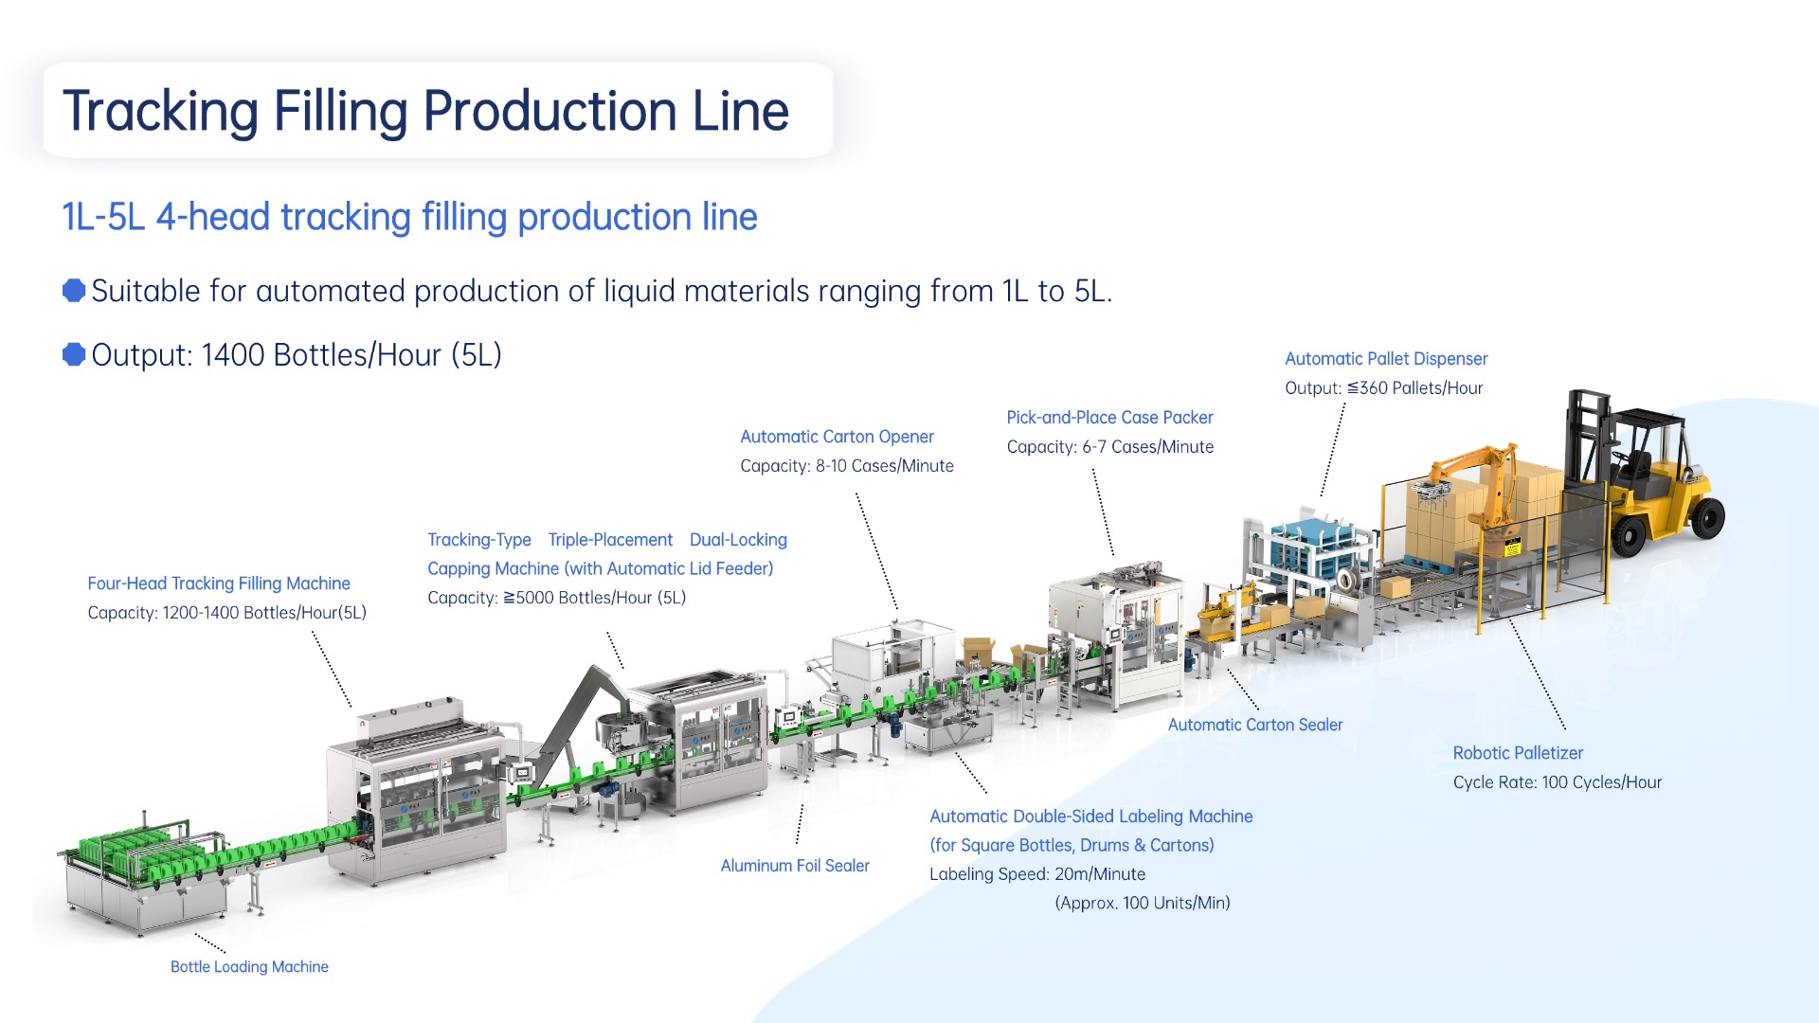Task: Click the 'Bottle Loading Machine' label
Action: (249, 966)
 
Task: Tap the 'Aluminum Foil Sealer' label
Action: (794, 865)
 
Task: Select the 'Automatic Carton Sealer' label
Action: (1254, 725)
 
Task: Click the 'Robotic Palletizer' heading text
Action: (1518, 753)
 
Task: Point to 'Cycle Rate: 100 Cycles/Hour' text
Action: (1557, 782)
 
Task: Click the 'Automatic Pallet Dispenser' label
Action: (1385, 359)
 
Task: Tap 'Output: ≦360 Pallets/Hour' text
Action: (1383, 388)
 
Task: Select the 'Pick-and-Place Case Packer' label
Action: (1108, 418)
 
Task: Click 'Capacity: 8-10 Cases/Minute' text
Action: (846, 466)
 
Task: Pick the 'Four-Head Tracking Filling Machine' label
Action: (219, 583)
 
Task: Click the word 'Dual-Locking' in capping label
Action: (738, 540)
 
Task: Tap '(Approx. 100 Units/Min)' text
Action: (1142, 903)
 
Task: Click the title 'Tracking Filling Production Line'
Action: (425, 111)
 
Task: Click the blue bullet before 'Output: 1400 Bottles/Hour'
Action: (74, 354)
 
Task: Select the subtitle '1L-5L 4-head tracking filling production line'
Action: (409, 217)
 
